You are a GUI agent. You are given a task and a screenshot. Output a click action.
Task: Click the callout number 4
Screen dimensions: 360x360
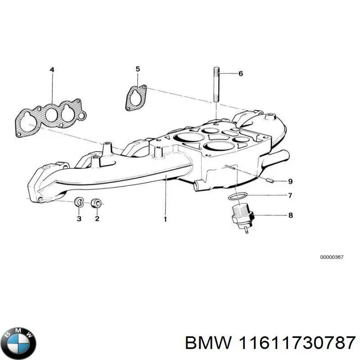point(52,70)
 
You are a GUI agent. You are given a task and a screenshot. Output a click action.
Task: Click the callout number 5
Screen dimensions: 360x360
point(138,69)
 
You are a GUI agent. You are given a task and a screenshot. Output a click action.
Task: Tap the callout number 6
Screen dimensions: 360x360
point(240,73)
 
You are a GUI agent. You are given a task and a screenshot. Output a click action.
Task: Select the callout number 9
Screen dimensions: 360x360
point(290,181)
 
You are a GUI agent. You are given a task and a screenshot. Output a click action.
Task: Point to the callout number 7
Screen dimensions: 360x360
point(290,195)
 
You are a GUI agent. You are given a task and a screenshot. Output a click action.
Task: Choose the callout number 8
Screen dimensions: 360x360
point(290,215)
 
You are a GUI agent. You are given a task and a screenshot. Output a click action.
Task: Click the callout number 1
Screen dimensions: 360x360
point(165,219)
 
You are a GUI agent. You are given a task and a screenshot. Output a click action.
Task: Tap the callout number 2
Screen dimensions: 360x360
point(97,218)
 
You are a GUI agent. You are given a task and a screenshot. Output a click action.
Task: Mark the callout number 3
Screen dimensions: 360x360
point(79,218)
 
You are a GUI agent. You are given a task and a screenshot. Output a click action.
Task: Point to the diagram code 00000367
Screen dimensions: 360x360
point(332,257)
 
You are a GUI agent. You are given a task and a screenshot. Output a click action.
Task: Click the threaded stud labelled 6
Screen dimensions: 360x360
point(217,84)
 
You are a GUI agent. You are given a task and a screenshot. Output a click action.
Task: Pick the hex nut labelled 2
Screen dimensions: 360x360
point(95,203)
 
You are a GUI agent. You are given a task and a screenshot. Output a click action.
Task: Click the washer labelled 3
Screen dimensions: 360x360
point(78,202)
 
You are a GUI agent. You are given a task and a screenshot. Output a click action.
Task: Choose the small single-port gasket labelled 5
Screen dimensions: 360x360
point(136,98)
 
